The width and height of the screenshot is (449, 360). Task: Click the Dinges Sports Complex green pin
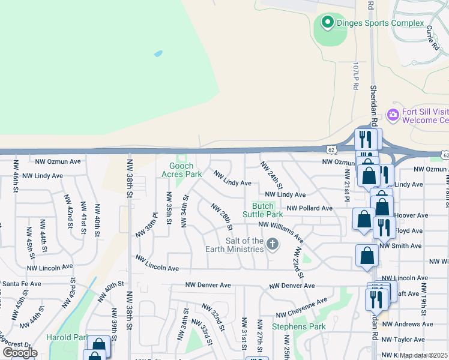point(327,23)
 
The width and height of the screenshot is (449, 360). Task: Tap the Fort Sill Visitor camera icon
point(393,115)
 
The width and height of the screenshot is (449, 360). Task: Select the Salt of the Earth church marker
point(273,244)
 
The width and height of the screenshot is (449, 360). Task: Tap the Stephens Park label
point(298,327)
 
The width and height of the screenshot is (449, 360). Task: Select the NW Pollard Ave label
point(309,208)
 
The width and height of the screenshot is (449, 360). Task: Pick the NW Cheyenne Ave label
point(301,308)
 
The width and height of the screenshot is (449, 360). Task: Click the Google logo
point(20,353)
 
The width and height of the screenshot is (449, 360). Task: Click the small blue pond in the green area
point(158,53)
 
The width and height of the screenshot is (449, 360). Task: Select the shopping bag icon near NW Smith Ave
point(367,255)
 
